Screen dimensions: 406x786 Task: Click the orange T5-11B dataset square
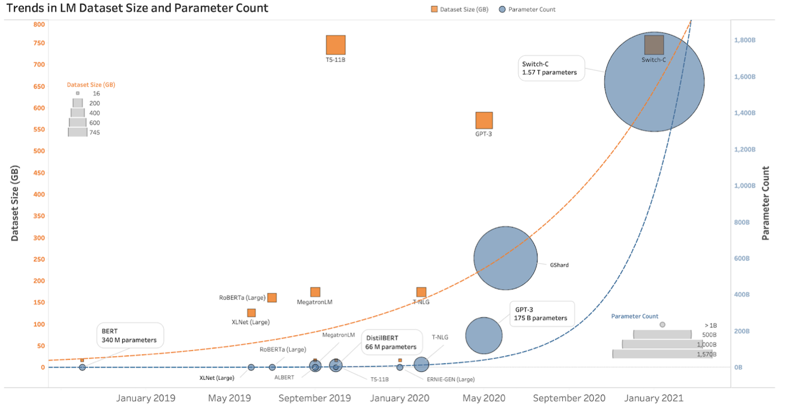tap(336, 45)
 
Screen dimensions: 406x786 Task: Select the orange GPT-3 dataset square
tap(484, 120)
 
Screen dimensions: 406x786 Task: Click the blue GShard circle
tap(505, 258)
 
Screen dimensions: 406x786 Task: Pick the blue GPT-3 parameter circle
tap(484, 335)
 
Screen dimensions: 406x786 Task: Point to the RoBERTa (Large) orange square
tap(272, 297)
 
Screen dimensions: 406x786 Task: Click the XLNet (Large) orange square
tap(251, 313)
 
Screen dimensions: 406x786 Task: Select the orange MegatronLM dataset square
tap(315, 292)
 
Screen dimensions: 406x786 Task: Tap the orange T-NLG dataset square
tap(421, 292)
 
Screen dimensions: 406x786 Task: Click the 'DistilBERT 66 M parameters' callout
tap(391, 343)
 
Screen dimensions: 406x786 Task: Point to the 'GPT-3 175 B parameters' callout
tap(541, 314)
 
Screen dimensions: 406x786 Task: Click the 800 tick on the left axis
tap(39, 24)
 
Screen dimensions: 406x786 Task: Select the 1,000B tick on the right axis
tap(745, 186)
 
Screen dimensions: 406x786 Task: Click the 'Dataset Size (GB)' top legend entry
tap(458, 9)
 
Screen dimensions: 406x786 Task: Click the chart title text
tap(137, 8)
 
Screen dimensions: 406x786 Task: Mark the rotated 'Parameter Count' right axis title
tap(766, 203)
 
